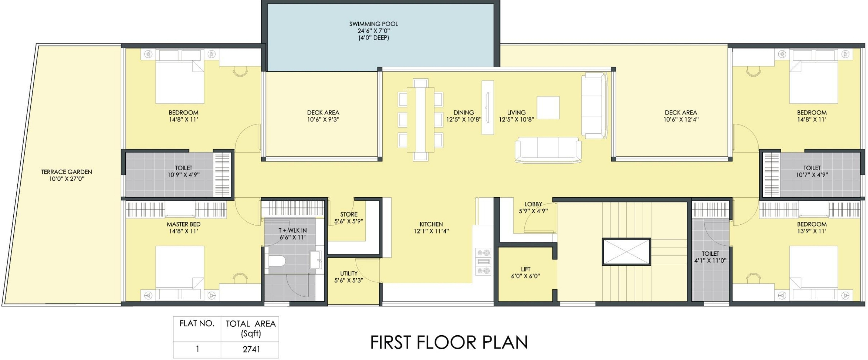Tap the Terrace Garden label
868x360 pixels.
(x=67, y=172)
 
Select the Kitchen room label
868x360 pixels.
(x=431, y=224)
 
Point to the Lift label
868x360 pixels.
(x=525, y=269)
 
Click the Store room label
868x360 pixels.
(x=349, y=214)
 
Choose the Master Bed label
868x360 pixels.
(x=184, y=224)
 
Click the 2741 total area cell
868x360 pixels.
(x=251, y=350)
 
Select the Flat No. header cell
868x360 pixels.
(x=197, y=324)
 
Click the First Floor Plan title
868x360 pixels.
(x=449, y=342)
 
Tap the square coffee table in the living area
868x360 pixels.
(x=548, y=108)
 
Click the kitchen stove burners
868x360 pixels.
(x=483, y=262)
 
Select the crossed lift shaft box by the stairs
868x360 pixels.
(x=626, y=251)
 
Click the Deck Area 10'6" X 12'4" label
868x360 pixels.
(x=681, y=116)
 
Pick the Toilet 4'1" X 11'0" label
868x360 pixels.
(x=710, y=257)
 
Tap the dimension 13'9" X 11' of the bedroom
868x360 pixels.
(x=811, y=231)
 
